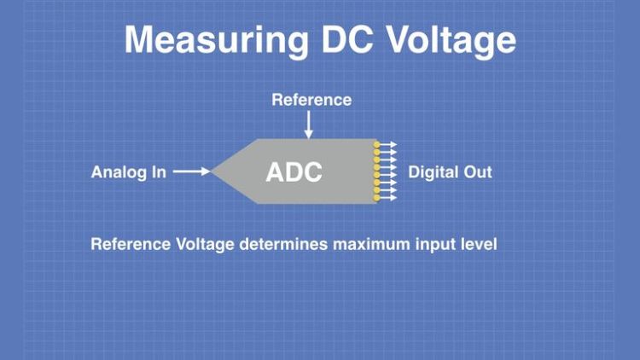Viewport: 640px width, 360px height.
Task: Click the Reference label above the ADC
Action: [x=311, y=100]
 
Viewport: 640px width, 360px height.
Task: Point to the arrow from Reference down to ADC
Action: [x=309, y=125]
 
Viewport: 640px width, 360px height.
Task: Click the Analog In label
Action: [x=128, y=172]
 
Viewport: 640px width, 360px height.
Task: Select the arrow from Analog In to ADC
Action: [x=192, y=171]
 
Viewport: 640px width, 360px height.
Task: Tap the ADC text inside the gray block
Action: [x=294, y=171]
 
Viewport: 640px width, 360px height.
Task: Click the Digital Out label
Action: [x=450, y=172]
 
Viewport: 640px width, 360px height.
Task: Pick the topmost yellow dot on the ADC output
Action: [x=376, y=144]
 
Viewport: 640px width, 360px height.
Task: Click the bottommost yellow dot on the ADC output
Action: [x=376, y=198]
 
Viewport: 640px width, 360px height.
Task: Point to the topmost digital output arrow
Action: [x=389, y=144]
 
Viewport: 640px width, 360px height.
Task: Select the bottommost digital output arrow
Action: [x=389, y=198]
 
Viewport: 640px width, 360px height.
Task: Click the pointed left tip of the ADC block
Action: [x=213, y=171]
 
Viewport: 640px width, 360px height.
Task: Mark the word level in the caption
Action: [x=477, y=245]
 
